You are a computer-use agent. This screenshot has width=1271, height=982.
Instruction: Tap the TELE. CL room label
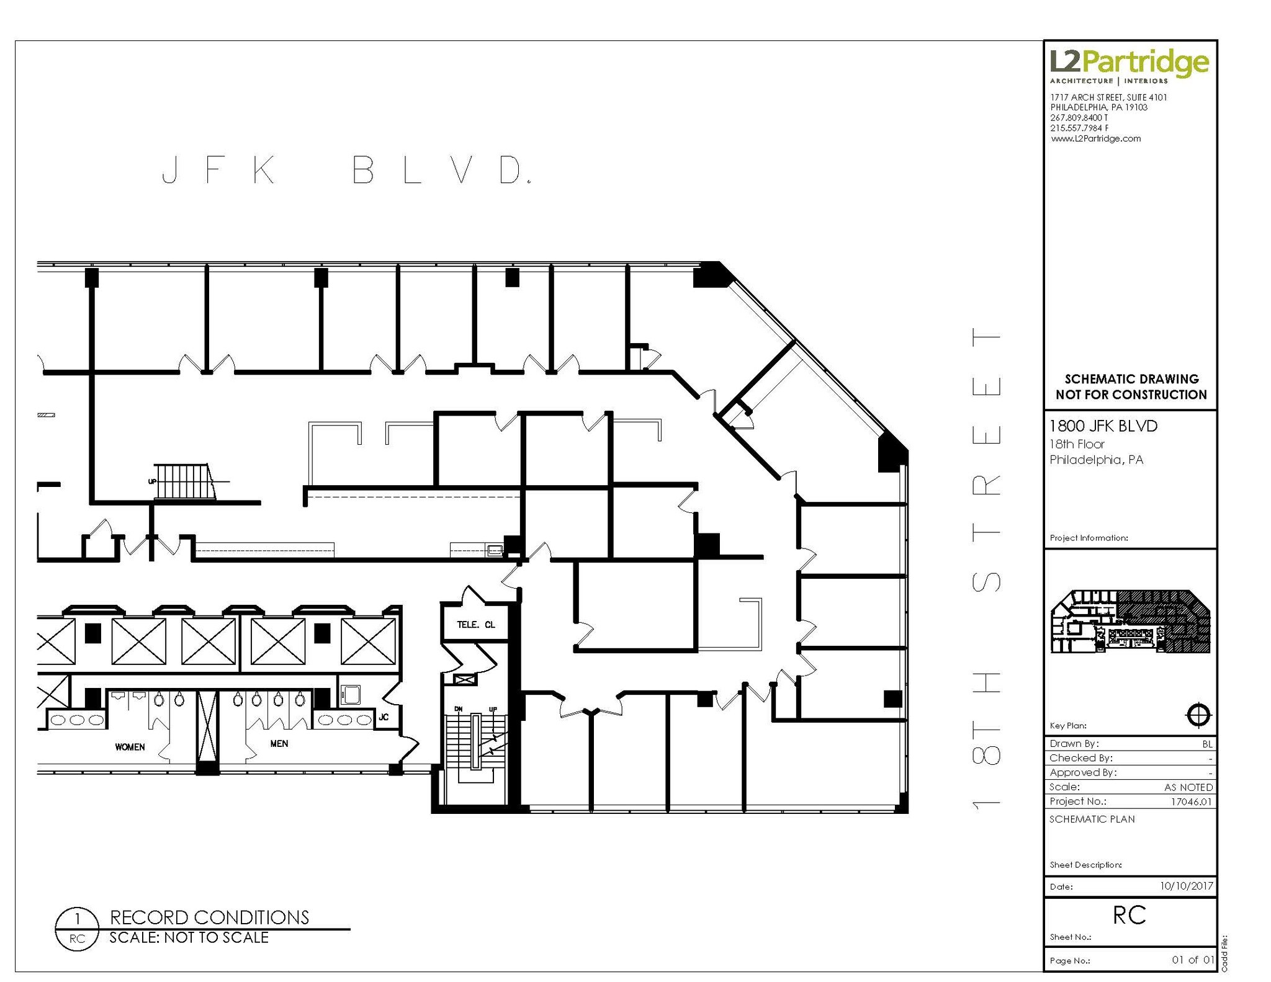click(476, 625)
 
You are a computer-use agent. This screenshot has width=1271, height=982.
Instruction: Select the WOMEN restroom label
click(130, 747)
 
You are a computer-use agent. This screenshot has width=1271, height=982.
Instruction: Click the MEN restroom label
click(279, 743)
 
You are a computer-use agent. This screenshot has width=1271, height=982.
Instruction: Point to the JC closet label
click(384, 717)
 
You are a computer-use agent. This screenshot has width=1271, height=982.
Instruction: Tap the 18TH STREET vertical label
click(986, 568)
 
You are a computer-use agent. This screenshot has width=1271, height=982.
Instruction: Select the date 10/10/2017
click(1186, 886)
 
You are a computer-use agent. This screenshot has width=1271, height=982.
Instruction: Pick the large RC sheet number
click(1129, 915)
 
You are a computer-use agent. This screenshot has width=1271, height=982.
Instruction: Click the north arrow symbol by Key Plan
click(1198, 715)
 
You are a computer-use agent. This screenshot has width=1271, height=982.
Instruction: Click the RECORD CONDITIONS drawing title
click(209, 917)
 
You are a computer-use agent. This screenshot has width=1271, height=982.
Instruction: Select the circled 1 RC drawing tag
click(77, 928)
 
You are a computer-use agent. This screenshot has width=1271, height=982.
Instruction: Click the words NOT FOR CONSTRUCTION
click(1131, 395)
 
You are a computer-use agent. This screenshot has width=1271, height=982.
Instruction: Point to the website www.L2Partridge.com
click(1095, 139)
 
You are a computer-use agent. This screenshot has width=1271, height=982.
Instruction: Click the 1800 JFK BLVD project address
click(1103, 426)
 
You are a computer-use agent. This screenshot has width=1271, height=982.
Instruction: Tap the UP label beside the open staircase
click(152, 481)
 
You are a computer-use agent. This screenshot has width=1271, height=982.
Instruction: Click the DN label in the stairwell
click(458, 708)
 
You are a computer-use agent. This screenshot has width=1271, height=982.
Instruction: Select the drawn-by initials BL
click(1207, 744)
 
